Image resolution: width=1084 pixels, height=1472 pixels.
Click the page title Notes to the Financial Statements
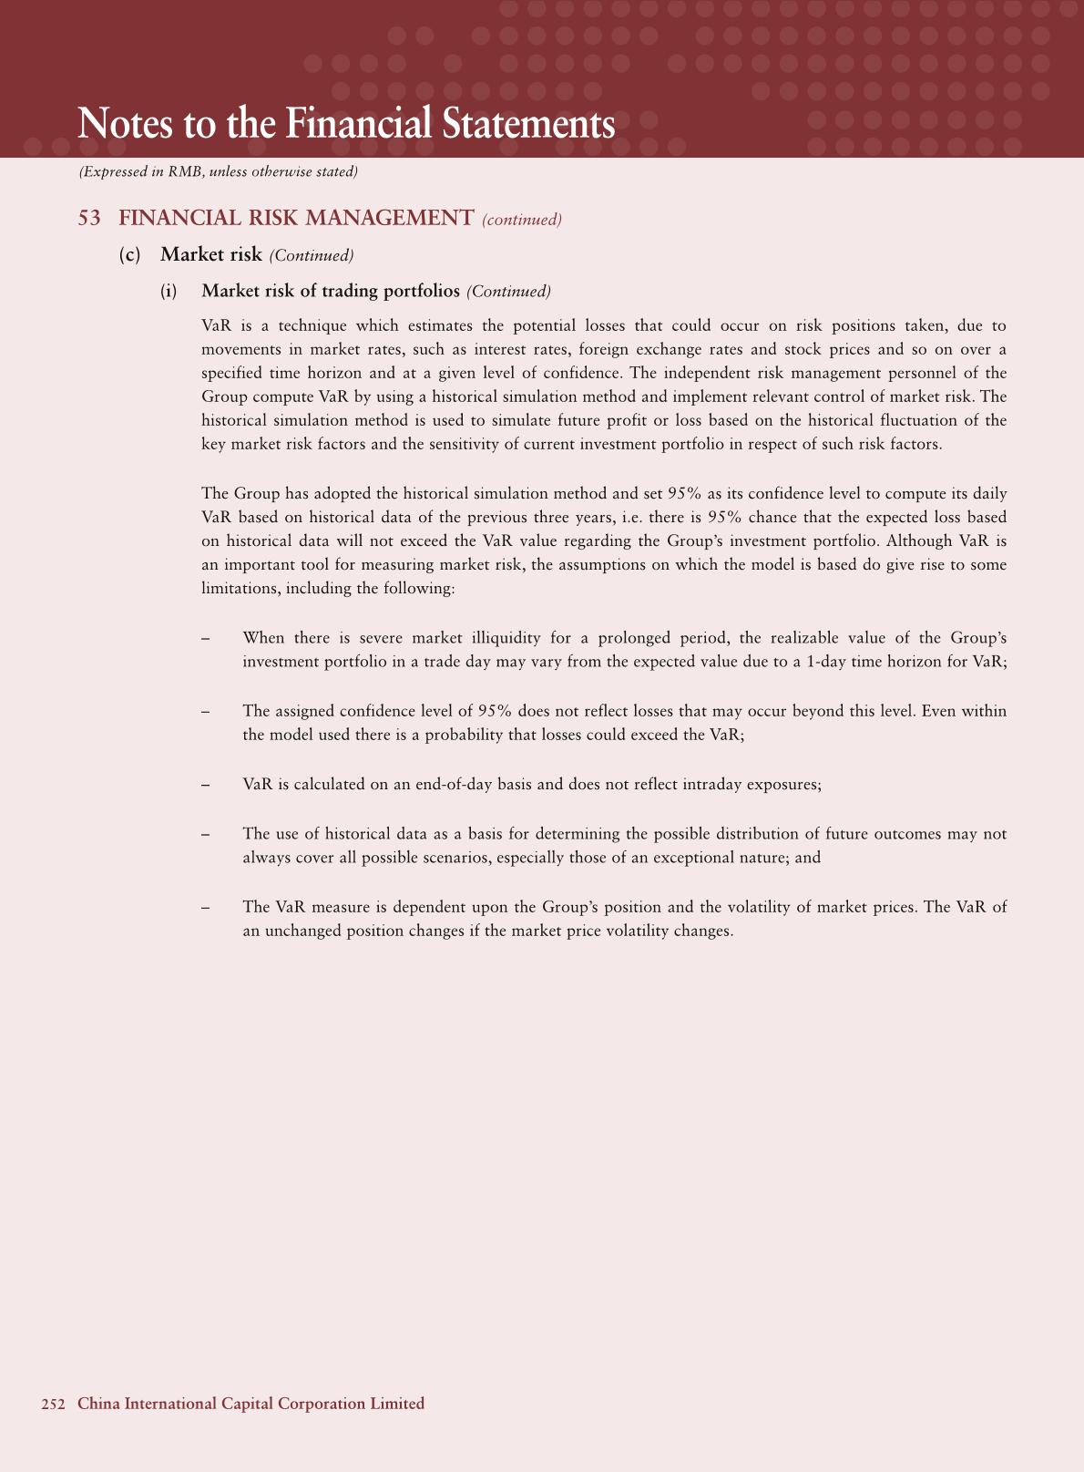tap(346, 124)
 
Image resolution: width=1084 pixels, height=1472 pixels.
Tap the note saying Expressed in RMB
tap(219, 171)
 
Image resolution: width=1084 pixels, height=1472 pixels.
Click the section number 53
tap(89, 219)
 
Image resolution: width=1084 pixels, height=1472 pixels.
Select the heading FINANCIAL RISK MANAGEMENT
tap(296, 219)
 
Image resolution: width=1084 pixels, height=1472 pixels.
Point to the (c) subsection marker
tap(130, 255)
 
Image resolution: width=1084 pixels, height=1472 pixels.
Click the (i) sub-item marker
tap(169, 292)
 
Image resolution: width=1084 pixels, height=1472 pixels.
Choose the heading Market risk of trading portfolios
tap(331, 292)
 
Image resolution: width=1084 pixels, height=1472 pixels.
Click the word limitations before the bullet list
tap(240, 589)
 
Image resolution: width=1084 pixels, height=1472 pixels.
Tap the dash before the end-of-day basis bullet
tap(207, 785)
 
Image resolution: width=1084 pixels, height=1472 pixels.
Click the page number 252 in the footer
tap(54, 1405)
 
